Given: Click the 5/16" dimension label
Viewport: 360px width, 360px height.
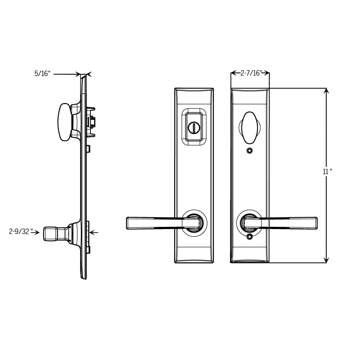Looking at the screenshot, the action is [x=42, y=74].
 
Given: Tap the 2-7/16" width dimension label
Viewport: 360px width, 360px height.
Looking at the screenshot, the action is [x=251, y=73].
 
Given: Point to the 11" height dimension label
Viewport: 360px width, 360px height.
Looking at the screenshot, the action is [x=328, y=171].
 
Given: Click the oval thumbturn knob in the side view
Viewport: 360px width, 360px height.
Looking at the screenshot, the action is [x=63, y=122].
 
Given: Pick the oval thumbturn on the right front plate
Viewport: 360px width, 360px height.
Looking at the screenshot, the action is [x=250, y=127].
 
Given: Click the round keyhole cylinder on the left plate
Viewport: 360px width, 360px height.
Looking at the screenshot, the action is [x=194, y=127].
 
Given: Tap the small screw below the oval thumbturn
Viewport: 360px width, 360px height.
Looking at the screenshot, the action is [x=250, y=151].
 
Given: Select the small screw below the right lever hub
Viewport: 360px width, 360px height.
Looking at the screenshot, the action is [x=250, y=237].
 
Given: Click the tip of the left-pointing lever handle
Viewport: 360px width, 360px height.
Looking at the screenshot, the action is [x=127, y=223].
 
